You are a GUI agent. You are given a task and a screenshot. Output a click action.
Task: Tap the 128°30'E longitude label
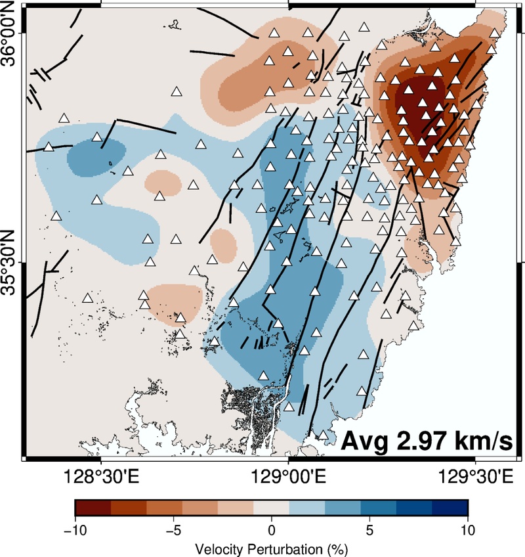[x=101, y=477]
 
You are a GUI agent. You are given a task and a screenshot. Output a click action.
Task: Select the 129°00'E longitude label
[x=288, y=477]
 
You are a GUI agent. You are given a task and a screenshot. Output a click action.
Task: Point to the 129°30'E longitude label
[x=476, y=477]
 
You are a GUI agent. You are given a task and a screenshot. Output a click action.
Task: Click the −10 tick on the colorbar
[x=75, y=530]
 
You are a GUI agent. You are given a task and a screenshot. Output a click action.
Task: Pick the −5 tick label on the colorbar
[x=173, y=530]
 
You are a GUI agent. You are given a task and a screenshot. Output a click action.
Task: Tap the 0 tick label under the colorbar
[x=272, y=530]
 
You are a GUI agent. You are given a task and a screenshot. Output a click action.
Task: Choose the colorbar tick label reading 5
[x=370, y=530]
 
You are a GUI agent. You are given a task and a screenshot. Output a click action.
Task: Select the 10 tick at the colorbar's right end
[x=468, y=530]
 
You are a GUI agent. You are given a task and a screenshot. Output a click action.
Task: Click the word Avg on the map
[x=365, y=443]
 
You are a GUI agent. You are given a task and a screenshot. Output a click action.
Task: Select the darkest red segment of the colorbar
[x=93, y=508]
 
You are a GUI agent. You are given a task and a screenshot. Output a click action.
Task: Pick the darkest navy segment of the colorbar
[x=450, y=508]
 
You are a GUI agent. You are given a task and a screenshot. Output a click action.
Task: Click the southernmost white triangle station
[x=323, y=435]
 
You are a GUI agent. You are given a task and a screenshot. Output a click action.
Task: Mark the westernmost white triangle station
[x=49, y=146]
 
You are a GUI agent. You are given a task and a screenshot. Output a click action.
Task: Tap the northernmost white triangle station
[x=364, y=27]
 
